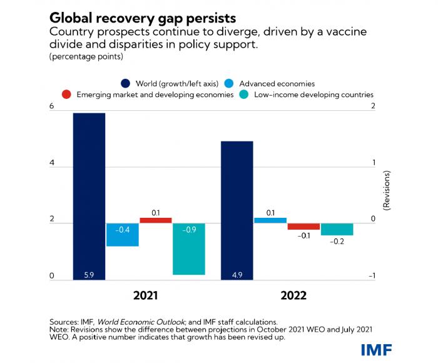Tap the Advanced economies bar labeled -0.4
(x=123, y=235)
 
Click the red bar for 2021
(x=155, y=220)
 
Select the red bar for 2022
(x=303, y=227)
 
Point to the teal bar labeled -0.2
(x=337, y=230)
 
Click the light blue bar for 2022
(x=270, y=220)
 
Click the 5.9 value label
(x=89, y=274)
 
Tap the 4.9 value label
(x=237, y=274)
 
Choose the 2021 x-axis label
(x=145, y=295)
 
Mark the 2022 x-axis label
(x=293, y=295)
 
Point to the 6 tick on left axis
(x=52, y=107)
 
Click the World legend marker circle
(x=125, y=83)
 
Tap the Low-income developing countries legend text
(x=318, y=95)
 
